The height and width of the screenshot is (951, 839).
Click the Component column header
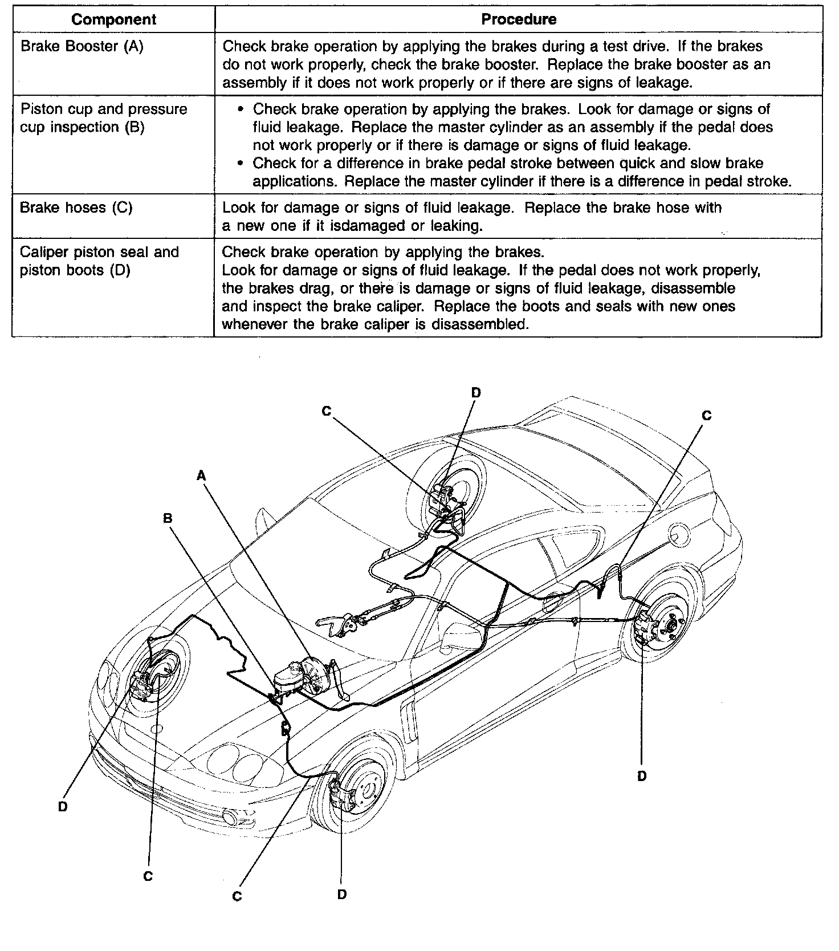pyautogui.click(x=113, y=19)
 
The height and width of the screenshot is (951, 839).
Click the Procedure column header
pyautogui.click(x=519, y=19)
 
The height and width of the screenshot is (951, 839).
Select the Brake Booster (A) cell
pyautogui.click(x=82, y=46)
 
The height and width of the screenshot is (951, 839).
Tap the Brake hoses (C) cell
pyautogui.click(x=76, y=207)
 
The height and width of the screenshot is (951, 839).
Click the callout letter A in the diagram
pyautogui.click(x=201, y=475)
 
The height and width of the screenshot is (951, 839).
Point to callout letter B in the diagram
pyautogui.click(x=168, y=518)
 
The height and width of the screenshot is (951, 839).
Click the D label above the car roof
pyautogui.click(x=476, y=392)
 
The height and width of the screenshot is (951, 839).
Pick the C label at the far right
pyautogui.click(x=707, y=416)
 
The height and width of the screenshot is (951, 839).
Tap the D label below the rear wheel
pyautogui.click(x=642, y=776)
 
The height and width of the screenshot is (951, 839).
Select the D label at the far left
pyautogui.click(x=63, y=807)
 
